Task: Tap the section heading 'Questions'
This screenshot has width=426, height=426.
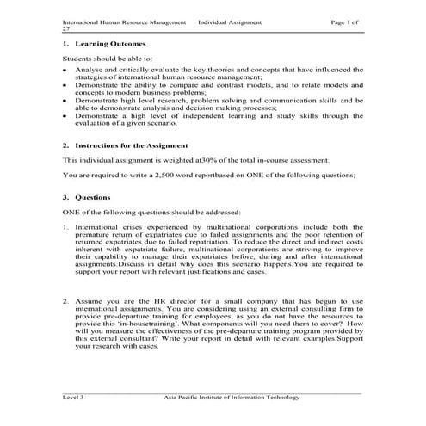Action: click(x=93, y=197)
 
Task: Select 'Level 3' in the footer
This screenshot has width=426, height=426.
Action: click(x=73, y=398)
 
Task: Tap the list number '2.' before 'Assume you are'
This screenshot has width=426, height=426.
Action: click(x=66, y=300)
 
